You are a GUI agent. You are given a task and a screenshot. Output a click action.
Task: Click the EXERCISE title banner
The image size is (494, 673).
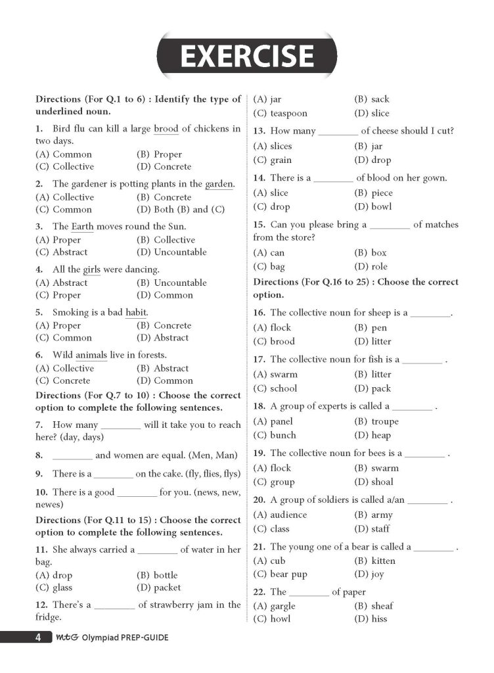pyautogui.click(x=247, y=55)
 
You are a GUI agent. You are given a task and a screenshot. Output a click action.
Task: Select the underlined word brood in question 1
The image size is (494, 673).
pyautogui.click(x=166, y=129)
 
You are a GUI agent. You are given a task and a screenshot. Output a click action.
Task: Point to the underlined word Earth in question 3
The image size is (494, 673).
pyautogui.click(x=83, y=227)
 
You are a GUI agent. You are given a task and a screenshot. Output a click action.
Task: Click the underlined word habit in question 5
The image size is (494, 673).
pyautogui.click(x=136, y=312)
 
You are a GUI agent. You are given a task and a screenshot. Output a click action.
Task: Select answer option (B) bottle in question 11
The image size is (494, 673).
pyautogui.click(x=157, y=575)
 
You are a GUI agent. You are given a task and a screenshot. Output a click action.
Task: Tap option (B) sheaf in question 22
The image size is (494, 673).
pyautogui.click(x=373, y=606)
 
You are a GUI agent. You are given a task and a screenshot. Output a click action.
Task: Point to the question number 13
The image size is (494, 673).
pyautogui.click(x=259, y=131)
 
